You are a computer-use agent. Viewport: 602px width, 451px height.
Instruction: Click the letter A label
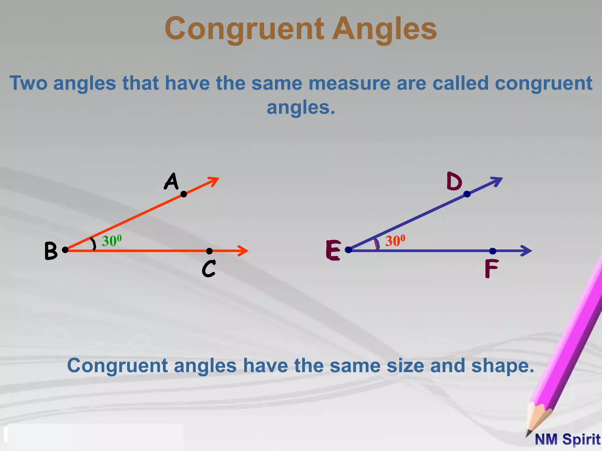tap(171, 181)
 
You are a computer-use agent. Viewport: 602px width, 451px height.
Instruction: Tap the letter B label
tap(51, 251)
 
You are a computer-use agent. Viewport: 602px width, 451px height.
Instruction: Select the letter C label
tap(209, 269)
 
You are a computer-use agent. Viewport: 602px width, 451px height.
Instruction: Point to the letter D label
tap(454, 181)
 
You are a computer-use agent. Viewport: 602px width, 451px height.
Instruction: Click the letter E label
tap(333, 250)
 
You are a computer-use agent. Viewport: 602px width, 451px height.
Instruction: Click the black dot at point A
tap(184, 194)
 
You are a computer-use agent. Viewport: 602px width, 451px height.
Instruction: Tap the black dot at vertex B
tap(65, 250)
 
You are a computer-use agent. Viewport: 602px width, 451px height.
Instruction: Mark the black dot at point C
tap(209, 251)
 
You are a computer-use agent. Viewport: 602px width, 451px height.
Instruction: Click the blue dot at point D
tap(467, 194)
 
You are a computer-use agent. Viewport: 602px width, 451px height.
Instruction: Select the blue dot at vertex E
tap(348, 250)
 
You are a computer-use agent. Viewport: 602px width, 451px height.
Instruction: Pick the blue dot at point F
tap(493, 251)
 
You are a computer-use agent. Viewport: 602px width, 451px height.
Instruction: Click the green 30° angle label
tap(112, 241)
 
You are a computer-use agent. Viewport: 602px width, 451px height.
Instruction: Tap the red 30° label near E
tap(395, 241)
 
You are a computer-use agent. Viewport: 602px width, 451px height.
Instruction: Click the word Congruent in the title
tap(244, 29)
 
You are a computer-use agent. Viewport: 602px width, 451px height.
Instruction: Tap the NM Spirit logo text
tap(568, 440)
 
